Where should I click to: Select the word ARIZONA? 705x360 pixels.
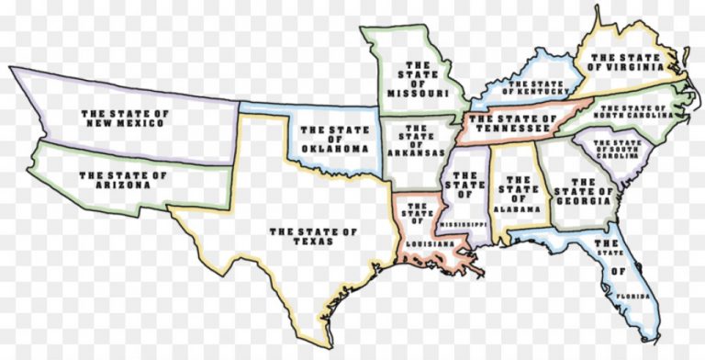click(x=123, y=185)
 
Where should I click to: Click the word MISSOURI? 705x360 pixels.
click(x=418, y=93)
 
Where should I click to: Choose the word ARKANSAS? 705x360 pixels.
click(x=416, y=152)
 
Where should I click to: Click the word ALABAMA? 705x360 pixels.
click(x=516, y=208)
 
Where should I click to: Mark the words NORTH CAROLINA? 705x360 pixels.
click(x=632, y=117)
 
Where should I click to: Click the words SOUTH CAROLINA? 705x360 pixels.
click(x=617, y=156)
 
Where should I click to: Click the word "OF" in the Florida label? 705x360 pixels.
click(x=621, y=271)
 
